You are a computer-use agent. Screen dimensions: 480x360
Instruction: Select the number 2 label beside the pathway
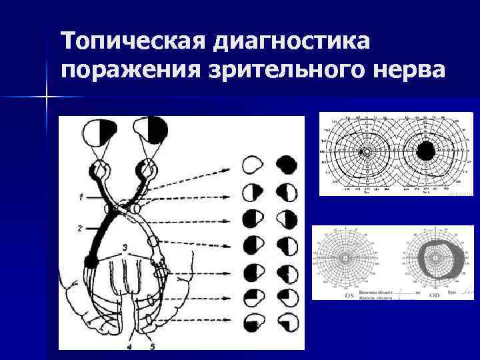(79, 228)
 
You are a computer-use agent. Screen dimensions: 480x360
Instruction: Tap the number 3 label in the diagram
(125, 249)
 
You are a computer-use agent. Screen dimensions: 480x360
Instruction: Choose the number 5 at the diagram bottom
(153, 346)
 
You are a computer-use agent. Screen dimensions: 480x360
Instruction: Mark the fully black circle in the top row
(287, 164)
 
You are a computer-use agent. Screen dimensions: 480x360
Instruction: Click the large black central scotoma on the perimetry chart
(425, 151)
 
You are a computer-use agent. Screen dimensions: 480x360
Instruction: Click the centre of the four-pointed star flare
(47, 97)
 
